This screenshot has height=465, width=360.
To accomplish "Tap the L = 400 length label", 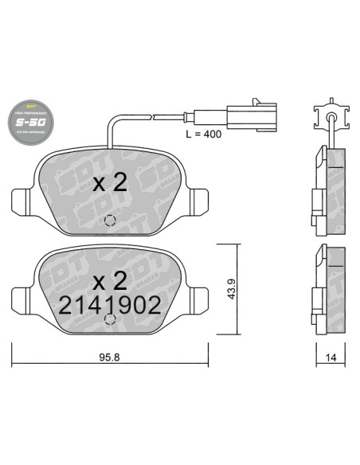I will tap(202, 134).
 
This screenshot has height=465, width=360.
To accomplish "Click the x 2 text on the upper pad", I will tap(109, 182).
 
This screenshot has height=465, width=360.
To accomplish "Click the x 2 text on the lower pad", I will tap(109, 280).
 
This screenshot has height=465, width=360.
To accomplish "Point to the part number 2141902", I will tap(110, 305).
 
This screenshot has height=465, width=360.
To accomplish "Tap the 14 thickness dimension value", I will tap(328, 358).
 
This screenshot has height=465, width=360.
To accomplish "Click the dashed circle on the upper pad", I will tap(111, 221).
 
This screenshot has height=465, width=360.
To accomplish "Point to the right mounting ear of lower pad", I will tap(199, 298).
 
